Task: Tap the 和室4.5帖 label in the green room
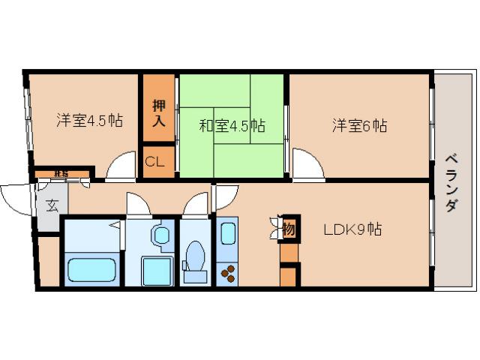pyautogui.click(x=231, y=125)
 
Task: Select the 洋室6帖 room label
pyautogui.click(x=359, y=125)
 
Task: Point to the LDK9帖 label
pyautogui.click(x=352, y=229)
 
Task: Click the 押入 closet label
pyautogui.click(x=158, y=112)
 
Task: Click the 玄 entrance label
pyautogui.click(x=52, y=205)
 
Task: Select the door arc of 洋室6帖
pyautogui.click(x=306, y=164)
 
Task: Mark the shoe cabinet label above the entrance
pyautogui.click(x=61, y=174)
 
